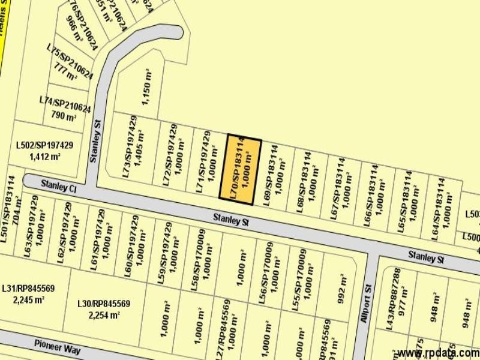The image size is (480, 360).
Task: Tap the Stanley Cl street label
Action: pos(59,187)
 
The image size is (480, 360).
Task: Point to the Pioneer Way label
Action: pos(56,347)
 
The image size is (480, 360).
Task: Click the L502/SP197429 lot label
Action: pos(44,145)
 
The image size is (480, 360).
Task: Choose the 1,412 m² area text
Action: pos(44,157)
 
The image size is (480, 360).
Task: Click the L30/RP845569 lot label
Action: pos(104,304)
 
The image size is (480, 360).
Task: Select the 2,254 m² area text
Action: pos(104,315)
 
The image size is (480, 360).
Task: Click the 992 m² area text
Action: pos(343,289)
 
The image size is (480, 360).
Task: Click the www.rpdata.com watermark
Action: pos(437,353)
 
